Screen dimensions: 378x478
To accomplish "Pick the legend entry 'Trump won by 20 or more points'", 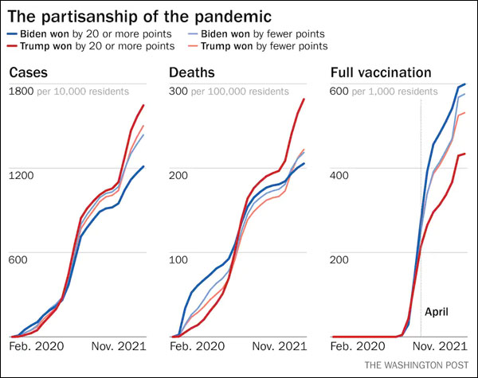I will click(x=91, y=47).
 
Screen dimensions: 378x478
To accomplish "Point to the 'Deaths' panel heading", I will click(x=191, y=73).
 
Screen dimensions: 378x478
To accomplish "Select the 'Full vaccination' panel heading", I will click(x=381, y=73).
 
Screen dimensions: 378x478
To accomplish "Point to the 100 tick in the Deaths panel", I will click(x=179, y=259).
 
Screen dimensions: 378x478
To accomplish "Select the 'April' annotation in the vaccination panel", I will click(x=437, y=312).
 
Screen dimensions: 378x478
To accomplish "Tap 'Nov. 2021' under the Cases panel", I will click(x=117, y=347).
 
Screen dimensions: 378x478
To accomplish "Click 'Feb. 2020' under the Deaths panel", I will click(x=198, y=347).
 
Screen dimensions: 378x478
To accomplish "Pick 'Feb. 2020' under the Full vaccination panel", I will click(x=358, y=347).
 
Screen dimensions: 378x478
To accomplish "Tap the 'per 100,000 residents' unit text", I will click(x=240, y=92).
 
